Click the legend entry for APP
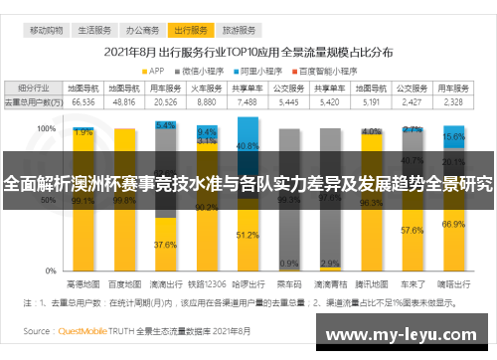[x=152, y=71]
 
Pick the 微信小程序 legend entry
[x=204, y=71]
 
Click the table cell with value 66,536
[x=83, y=101]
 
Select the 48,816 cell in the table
[x=124, y=101]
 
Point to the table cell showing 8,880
[x=207, y=101]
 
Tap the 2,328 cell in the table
[x=453, y=101]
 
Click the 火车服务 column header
[x=207, y=89]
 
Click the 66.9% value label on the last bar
[x=453, y=224]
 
